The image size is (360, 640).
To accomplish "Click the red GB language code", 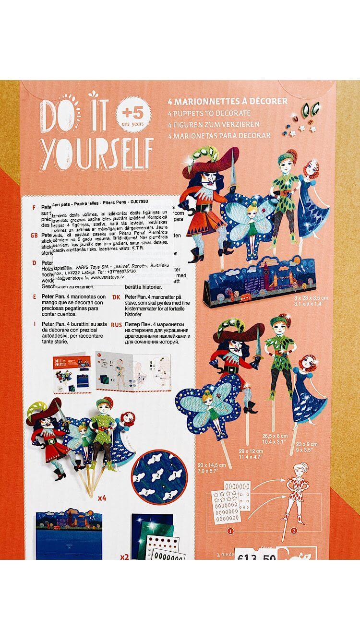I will [34, 236].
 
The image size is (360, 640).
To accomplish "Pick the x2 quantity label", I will [124, 557].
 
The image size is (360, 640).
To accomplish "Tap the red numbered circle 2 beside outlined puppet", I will [294, 531].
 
